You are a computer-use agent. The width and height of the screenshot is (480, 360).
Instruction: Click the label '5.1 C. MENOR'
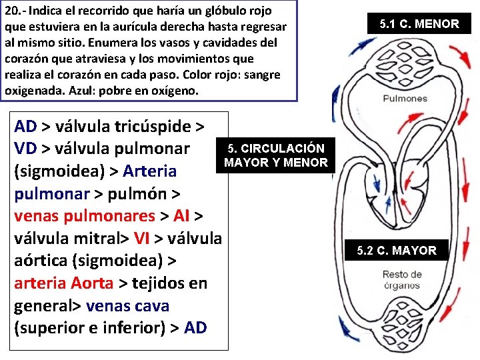point(419,24)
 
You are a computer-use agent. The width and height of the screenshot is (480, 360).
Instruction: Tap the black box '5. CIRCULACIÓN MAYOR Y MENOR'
point(276,155)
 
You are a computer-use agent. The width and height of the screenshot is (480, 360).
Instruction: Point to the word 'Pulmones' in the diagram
point(405,99)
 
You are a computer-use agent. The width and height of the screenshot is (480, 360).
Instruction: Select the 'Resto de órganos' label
point(402,280)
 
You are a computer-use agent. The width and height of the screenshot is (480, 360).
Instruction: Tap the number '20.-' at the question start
point(16,11)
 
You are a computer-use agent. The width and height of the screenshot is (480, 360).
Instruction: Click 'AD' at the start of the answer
point(26,125)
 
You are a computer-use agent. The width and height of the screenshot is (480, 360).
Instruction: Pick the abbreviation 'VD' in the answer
point(25,148)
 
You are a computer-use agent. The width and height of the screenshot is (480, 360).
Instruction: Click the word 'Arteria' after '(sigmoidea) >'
point(150,171)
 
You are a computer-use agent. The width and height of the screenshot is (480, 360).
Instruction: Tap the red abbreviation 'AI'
point(182,215)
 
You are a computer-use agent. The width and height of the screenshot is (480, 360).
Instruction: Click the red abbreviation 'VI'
point(141,238)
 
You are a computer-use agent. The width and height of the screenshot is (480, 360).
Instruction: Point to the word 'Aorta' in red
point(91,283)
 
